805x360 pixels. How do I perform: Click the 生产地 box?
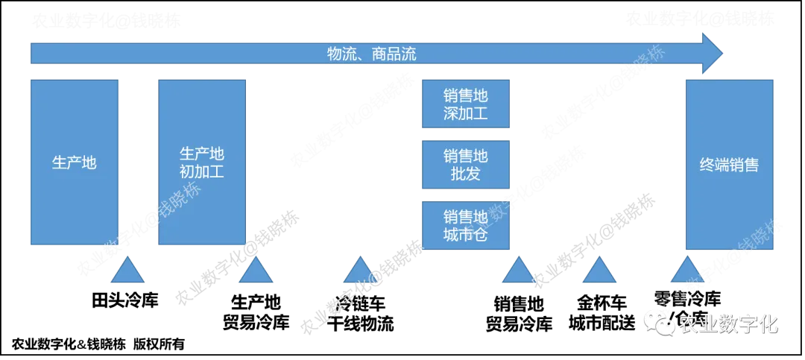coord(75,162)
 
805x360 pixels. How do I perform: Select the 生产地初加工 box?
coord(201,162)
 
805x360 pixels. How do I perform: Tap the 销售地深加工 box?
coord(466,104)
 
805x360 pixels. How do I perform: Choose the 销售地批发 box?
coord(466,165)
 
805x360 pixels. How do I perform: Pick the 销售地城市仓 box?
coord(466,226)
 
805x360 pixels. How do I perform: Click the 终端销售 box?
coord(729,165)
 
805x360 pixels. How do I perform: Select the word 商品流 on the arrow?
coord(394,54)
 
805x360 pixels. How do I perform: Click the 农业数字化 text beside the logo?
coord(728,324)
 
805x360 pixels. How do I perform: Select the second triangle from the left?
coord(256,271)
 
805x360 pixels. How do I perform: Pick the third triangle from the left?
coord(359,271)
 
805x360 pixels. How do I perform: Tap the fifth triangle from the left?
coord(599,271)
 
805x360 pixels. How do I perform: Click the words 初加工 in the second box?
coord(202,172)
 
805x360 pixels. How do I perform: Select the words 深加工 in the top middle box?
coord(466,114)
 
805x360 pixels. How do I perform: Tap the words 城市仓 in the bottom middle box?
coord(466,236)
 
